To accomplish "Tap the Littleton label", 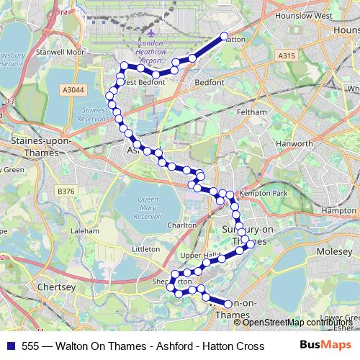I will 146,248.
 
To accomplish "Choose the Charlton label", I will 182,225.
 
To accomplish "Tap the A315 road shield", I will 287,55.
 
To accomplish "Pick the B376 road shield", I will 66,190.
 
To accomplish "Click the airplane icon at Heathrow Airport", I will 150,32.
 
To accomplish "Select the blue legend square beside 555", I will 11,345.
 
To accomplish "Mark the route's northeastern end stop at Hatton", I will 224,36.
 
